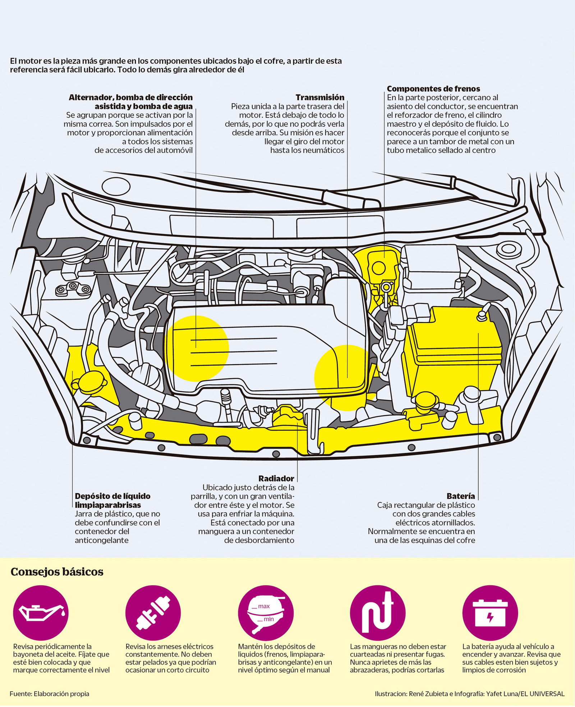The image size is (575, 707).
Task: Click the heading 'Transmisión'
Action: pos(319,97)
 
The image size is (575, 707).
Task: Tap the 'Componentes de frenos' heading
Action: pos(433,89)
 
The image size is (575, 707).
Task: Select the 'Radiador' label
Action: pos(276,479)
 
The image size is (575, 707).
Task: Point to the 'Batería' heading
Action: pos(460,496)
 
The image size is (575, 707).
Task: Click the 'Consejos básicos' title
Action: pos(57,572)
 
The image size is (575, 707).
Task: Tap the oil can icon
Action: pos(41,613)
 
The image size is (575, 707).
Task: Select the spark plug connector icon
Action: pos(153,613)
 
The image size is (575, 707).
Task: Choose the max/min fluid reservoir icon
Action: pos(266,613)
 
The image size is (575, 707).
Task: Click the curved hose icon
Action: pos(378,613)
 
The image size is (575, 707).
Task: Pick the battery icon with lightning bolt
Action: pos(490,613)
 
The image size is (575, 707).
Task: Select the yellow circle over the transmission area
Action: pos(341,378)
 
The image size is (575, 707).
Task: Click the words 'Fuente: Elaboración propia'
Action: pos(50,694)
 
